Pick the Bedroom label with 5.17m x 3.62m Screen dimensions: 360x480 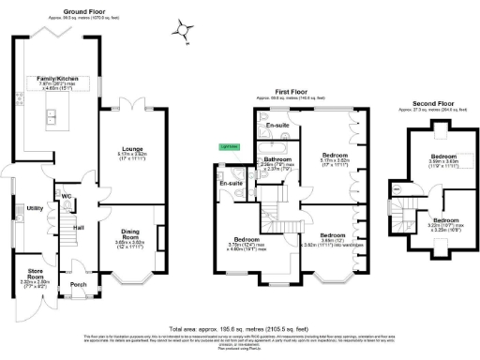[335, 155]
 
